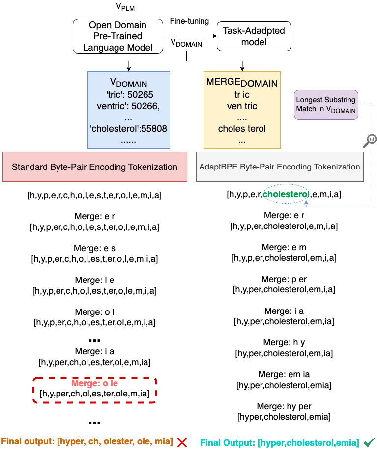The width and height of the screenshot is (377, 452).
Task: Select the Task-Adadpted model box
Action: click(x=254, y=36)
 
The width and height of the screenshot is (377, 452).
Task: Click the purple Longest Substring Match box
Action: click(x=325, y=105)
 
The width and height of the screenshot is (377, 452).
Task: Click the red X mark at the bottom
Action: click(x=182, y=442)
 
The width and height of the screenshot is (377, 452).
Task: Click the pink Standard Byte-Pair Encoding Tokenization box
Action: click(x=94, y=167)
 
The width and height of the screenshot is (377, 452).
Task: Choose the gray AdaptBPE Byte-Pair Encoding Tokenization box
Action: click(x=279, y=167)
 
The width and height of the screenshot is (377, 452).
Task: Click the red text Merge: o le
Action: click(x=94, y=383)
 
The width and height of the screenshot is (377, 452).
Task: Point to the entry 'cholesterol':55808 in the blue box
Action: click(x=128, y=129)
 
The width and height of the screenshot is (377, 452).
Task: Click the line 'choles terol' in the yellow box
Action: click(x=242, y=129)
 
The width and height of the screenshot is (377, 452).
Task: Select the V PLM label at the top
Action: click(x=124, y=8)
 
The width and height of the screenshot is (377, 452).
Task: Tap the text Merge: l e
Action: click(x=94, y=280)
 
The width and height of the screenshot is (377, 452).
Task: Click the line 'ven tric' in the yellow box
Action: click(x=242, y=106)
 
